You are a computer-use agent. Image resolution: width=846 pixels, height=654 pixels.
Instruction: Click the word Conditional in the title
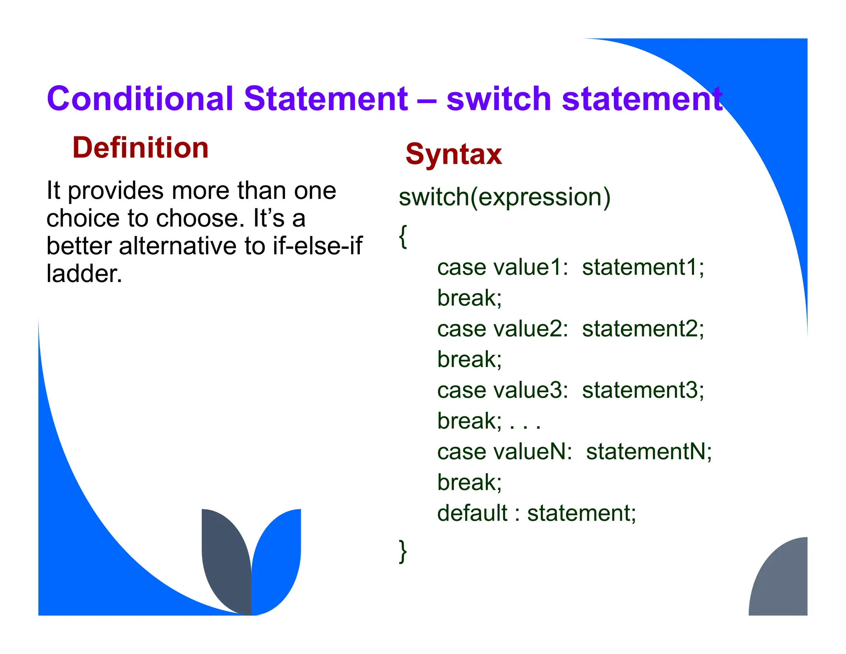click(140, 99)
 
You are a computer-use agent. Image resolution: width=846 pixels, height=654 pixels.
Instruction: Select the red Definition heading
click(140, 148)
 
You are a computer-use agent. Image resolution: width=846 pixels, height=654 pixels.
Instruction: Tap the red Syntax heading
click(454, 154)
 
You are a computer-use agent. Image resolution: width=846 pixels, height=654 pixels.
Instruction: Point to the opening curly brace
click(403, 236)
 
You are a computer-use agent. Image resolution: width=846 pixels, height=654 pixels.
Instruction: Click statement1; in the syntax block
click(643, 267)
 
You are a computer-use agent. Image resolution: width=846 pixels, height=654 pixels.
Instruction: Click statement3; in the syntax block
click(643, 390)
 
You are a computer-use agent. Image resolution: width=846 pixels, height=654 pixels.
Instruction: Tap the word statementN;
click(649, 451)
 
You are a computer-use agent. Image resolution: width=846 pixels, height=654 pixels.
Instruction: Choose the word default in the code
click(472, 513)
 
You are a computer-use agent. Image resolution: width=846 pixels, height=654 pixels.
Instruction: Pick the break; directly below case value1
click(469, 298)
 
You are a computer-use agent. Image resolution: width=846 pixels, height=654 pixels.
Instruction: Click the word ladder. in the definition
click(84, 274)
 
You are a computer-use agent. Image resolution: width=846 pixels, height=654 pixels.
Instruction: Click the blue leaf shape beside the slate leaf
click(278, 558)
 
